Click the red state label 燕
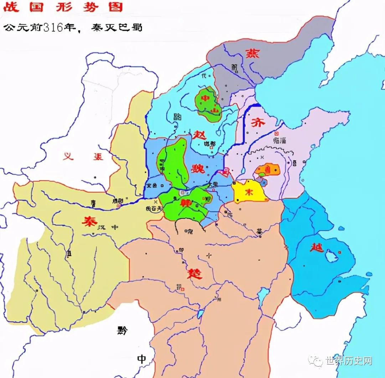[252, 53]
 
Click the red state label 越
[316, 247]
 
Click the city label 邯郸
[210, 144]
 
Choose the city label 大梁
[213, 185]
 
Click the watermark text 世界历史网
[348, 361]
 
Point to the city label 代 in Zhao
[204, 75]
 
